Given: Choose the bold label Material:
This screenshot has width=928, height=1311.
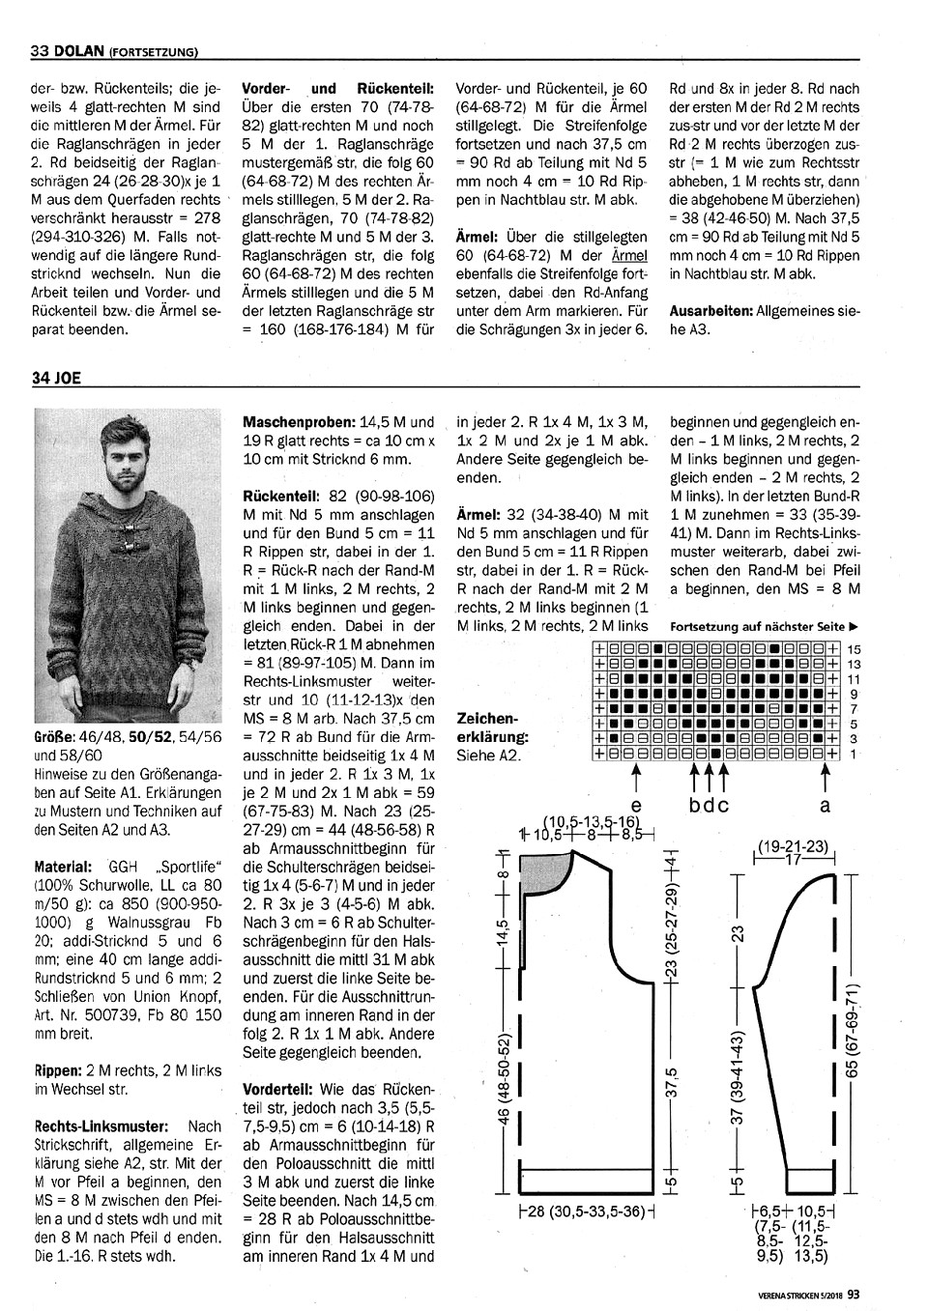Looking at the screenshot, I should [x=64, y=867].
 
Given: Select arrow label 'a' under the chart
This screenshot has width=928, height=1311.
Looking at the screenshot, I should [x=826, y=804].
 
